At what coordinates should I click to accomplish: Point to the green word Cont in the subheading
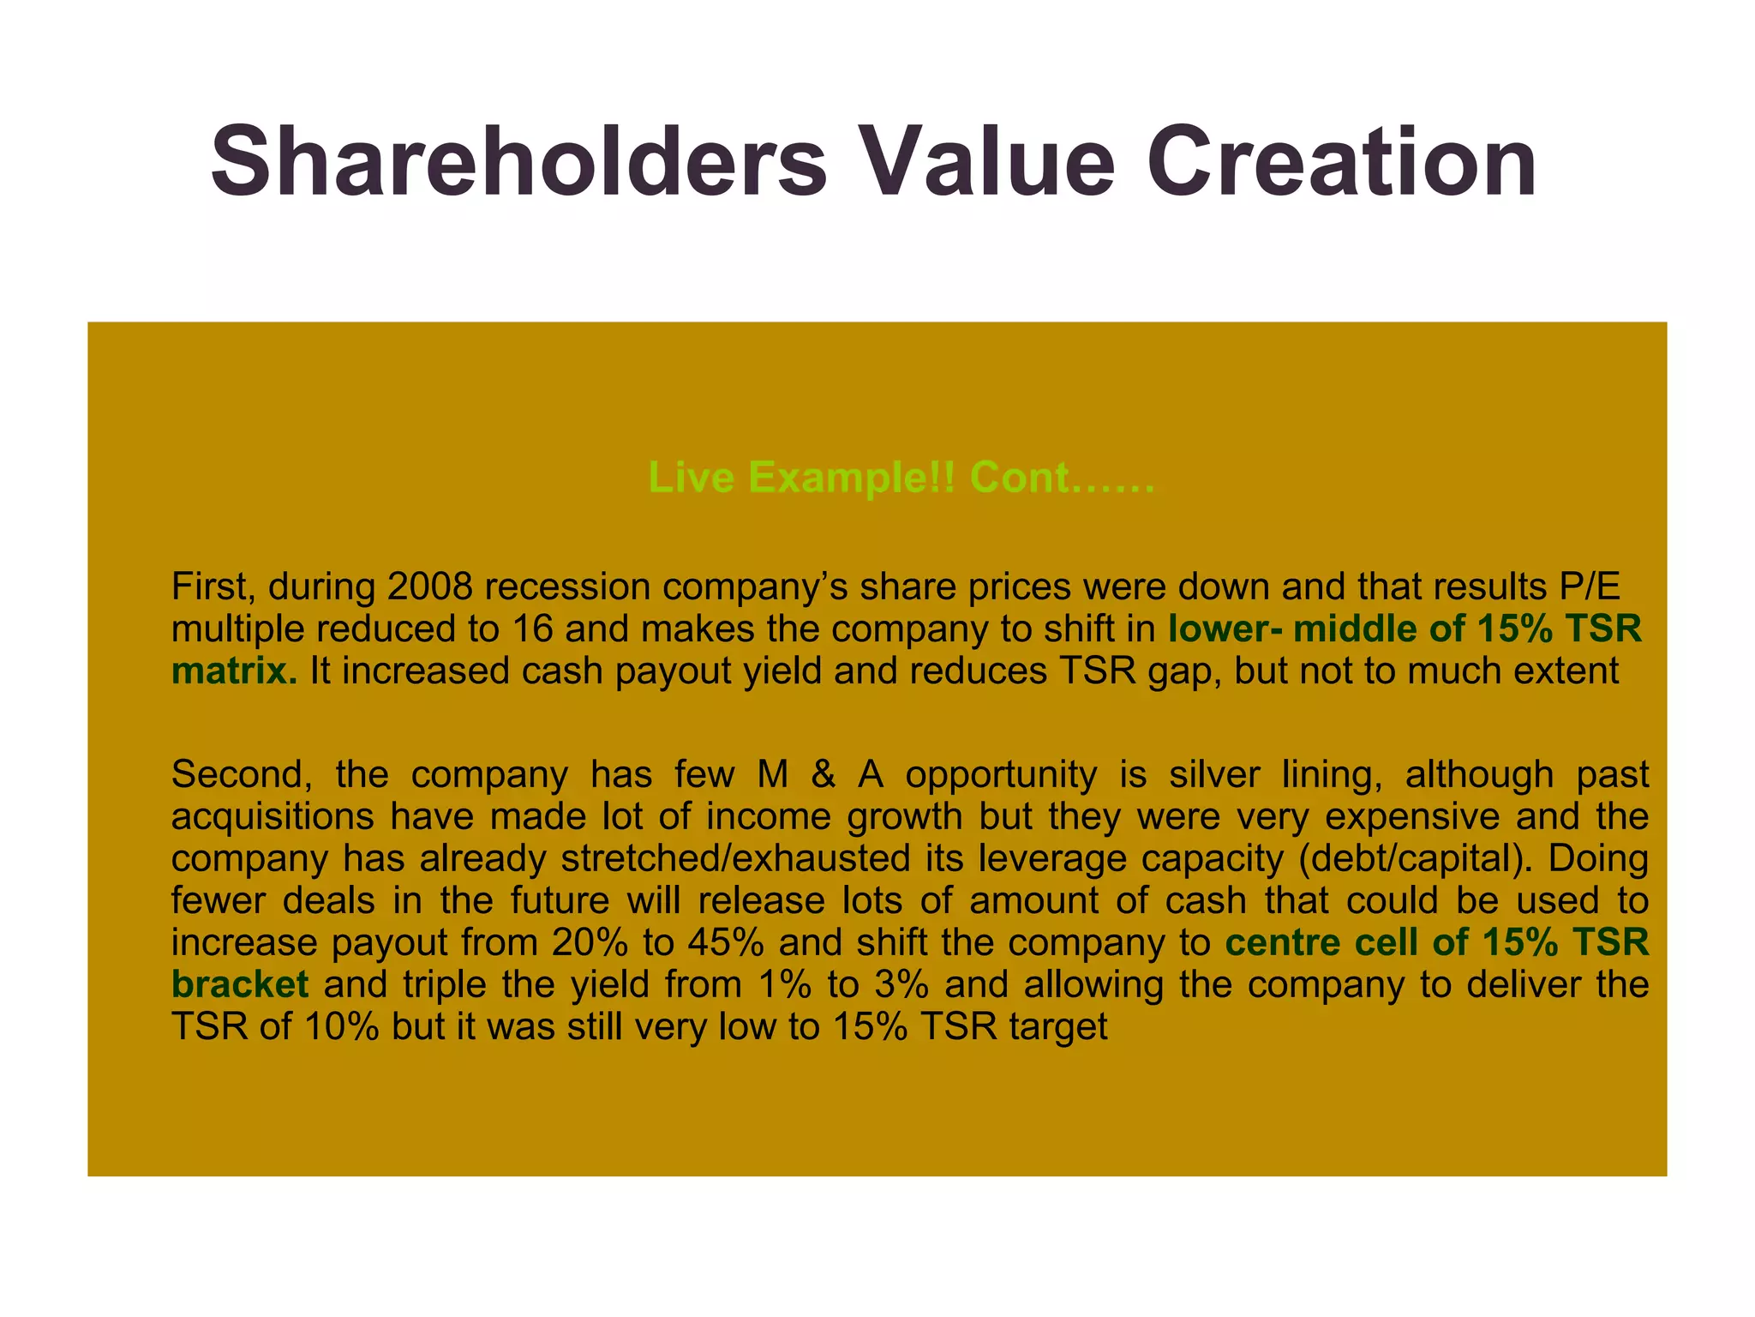coord(1020,477)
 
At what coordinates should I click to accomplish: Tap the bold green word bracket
coord(240,984)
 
